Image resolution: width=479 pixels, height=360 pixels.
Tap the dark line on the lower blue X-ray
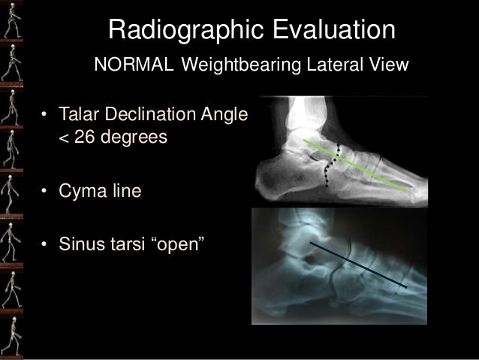[x=360, y=265]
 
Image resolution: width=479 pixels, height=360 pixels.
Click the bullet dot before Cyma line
[x=46, y=192]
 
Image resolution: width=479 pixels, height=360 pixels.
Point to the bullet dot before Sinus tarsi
[x=46, y=245]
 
